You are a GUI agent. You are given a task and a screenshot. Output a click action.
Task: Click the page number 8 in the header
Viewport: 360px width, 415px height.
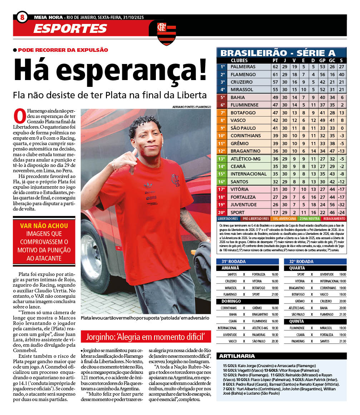click(22, 17)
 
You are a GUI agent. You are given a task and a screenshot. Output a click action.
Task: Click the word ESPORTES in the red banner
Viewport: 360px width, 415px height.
click(70, 28)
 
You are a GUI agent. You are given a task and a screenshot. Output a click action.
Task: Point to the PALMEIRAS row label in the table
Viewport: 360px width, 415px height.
click(243, 67)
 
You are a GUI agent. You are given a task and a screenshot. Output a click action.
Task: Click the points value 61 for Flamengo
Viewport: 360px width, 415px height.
click(275, 74)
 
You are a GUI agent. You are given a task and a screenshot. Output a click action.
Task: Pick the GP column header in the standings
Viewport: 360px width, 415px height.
click(322, 60)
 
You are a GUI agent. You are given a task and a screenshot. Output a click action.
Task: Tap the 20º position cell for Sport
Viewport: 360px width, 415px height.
click(222, 212)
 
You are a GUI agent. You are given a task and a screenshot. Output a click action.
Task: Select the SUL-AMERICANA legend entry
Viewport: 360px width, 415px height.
click(285, 218)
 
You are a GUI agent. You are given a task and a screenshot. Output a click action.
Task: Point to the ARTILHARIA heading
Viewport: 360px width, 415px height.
click(237, 356)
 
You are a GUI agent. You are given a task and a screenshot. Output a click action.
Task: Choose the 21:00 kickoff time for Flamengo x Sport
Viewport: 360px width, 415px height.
click(275, 295)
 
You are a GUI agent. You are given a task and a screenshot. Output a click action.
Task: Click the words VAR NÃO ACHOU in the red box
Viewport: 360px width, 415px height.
click(44, 226)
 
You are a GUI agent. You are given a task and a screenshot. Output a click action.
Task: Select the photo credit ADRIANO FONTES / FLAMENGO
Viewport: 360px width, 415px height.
click(191, 107)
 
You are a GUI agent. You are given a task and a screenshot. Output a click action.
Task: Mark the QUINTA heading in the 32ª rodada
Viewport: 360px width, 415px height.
click(297, 321)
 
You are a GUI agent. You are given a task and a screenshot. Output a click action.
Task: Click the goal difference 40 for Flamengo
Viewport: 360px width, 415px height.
click(341, 74)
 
